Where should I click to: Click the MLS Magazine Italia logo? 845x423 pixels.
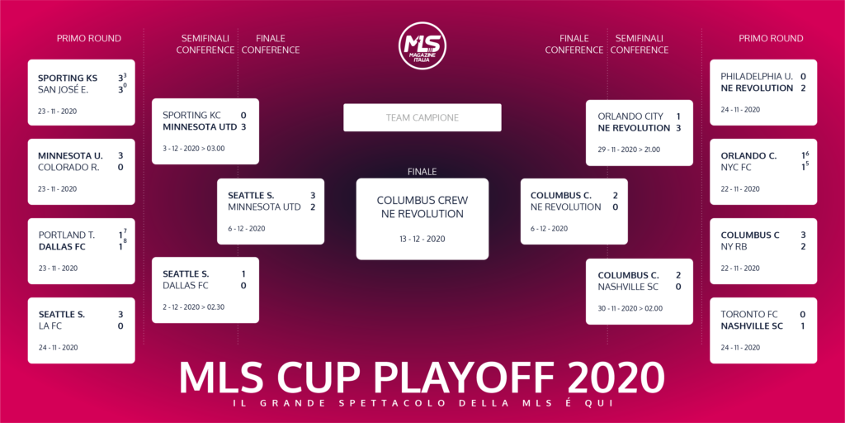pos(422,45)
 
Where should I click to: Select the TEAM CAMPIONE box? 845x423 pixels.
pos(422,117)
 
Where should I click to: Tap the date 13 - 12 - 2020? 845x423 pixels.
pos(422,239)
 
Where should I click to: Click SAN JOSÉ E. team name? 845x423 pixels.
pos(63,90)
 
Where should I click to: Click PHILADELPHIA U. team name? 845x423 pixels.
pos(757,77)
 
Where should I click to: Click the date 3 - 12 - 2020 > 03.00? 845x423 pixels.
pos(193,149)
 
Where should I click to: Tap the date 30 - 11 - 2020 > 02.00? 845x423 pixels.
pos(630,309)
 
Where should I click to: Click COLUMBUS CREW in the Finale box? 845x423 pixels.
pos(422,201)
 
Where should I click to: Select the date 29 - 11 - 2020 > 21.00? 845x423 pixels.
pos(629,150)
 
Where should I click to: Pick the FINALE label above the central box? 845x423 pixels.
pos(422,172)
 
